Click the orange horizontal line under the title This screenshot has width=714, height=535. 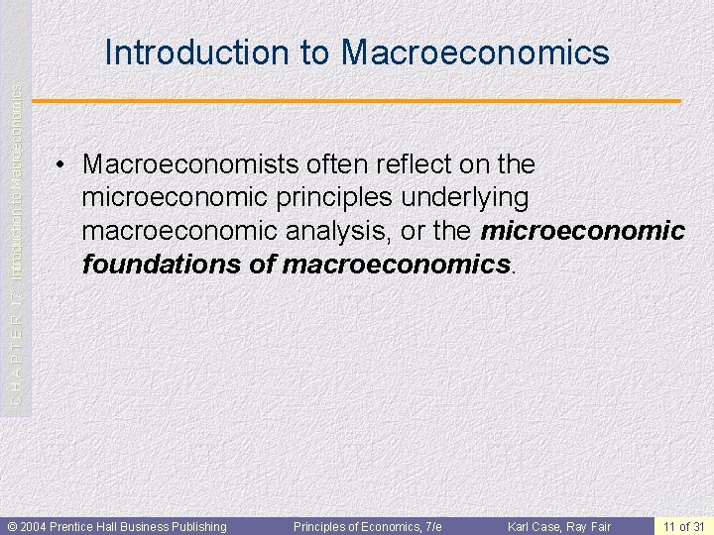(357, 101)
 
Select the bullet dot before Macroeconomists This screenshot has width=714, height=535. (62, 163)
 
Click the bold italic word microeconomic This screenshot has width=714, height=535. (582, 231)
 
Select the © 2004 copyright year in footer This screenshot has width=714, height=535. (30, 526)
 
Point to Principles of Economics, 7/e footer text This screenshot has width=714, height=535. (367, 526)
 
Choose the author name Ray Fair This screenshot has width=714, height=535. (592, 526)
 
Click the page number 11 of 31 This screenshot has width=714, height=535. (685, 526)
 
